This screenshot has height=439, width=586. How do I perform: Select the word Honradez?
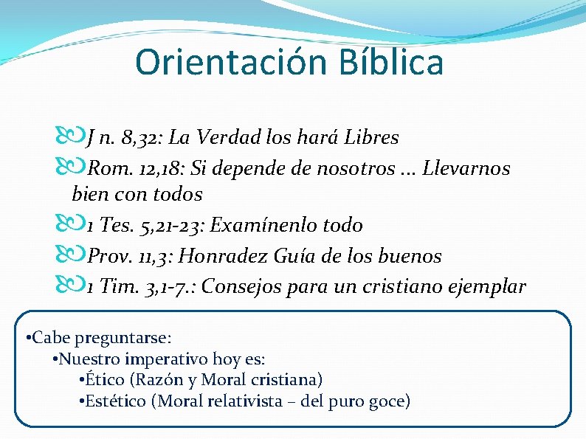pyautogui.click(x=225, y=256)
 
